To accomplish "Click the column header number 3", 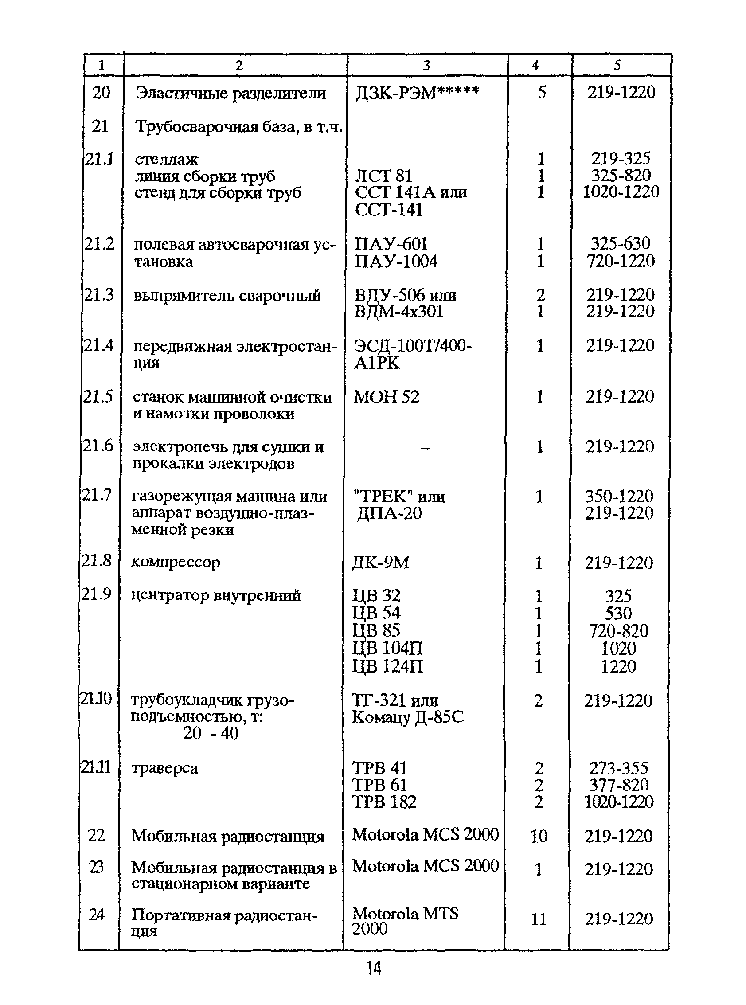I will click(x=426, y=66).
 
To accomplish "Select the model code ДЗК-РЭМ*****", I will click(x=416, y=93).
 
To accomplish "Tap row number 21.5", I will click(x=98, y=397).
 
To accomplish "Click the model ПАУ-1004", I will click(x=396, y=261).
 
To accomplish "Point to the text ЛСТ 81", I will click(x=383, y=176).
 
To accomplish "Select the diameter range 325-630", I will click(x=621, y=244).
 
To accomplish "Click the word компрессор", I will click(x=176, y=563).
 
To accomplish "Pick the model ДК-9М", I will click(x=381, y=563).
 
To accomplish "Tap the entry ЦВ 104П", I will click(x=387, y=649).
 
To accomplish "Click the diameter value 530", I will click(x=618, y=614).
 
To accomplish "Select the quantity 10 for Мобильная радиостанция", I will click(x=539, y=836).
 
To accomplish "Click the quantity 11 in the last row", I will click(x=539, y=919).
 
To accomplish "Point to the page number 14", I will click(x=374, y=968).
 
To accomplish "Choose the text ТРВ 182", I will click(x=384, y=802).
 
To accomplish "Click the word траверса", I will click(x=164, y=768).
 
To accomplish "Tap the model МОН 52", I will click(x=386, y=397).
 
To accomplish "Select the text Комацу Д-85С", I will click(x=407, y=717).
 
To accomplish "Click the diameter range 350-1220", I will click(x=619, y=497).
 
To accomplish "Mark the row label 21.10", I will click(x=96, y=699).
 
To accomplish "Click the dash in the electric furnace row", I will click(x=425, y=448).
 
